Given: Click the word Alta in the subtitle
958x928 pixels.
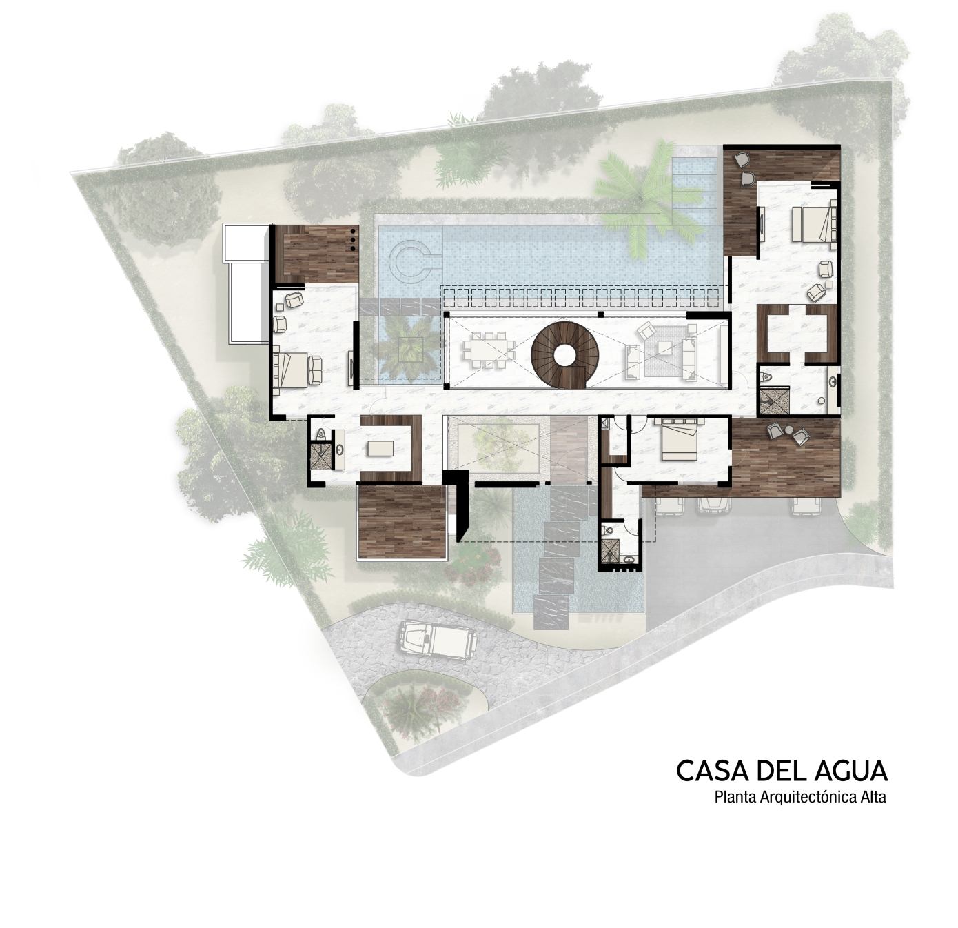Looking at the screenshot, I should (x=872, y=798).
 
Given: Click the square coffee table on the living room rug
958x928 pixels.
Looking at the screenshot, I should (x=665, y=350).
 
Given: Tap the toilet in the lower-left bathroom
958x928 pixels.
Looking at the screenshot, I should (x=320, y=434).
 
